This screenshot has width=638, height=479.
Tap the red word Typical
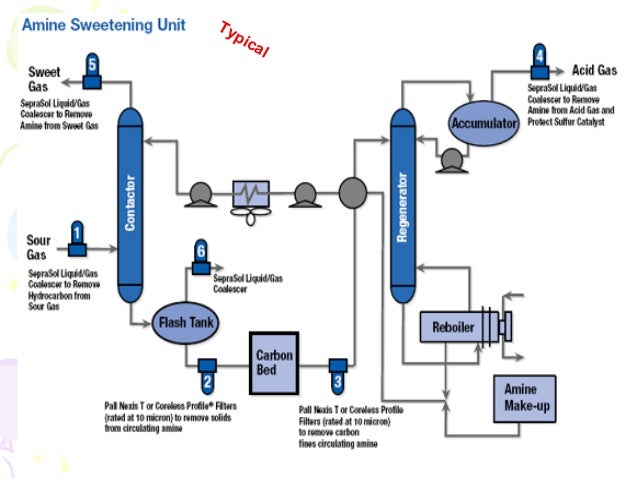tap(243, 39)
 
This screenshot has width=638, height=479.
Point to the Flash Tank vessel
tap(187, 323)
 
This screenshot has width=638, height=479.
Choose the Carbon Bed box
tap(274, 363)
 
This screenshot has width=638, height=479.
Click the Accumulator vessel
tap(484, 124)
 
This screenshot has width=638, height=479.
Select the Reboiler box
tap(452, 327)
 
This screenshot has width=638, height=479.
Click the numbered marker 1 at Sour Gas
tap(76, 236)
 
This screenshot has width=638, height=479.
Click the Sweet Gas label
tap(44, 78)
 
